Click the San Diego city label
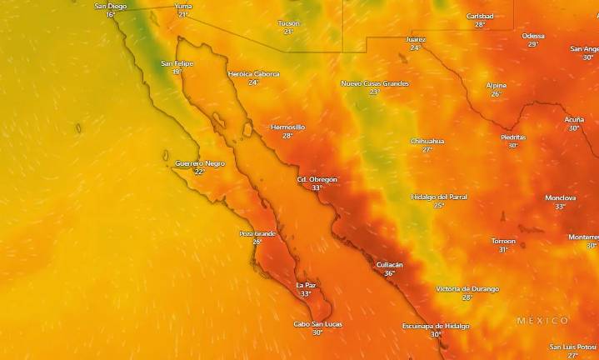tap(111, 6)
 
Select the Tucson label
tap(288, 23)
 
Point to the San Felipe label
tap(177, 63)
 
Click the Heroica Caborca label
tap(253, 74)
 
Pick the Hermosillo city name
tap(287, 127)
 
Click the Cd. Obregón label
tap(317, 179)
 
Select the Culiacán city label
tap(388, 264)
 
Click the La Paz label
tap(306, 285)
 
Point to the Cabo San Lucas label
tap(317, 324)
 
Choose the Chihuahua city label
tap(427, 141)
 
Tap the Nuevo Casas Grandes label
tap(374, 83)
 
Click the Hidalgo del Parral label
tap(439, 197)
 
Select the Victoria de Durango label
tap(467, 288)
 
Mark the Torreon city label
tap(503, 241)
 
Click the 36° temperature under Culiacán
tap(389, 273)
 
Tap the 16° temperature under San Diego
tap(110, 15)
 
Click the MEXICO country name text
tap(542, 321)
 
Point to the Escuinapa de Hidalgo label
tap(436, 326)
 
